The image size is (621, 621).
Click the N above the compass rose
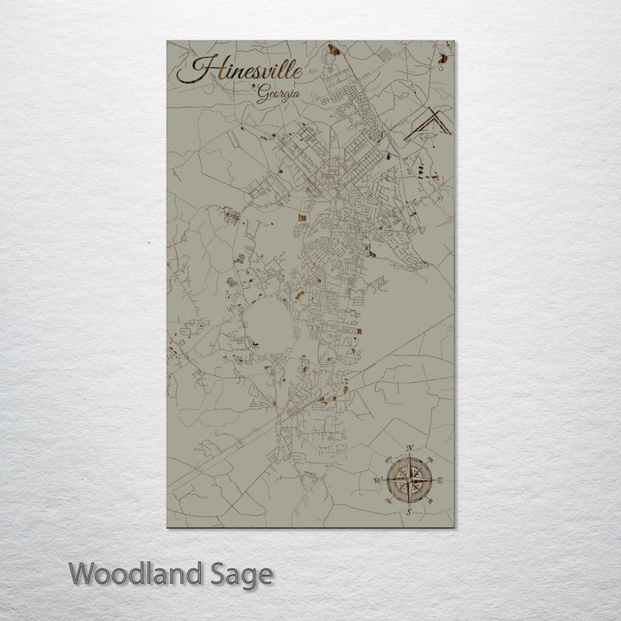tap(409, 448)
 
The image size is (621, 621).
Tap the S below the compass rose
tap(409, 512)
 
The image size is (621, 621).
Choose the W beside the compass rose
tap(377, 480)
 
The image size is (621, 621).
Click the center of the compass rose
tap(409, 480)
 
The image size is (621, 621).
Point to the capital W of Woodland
tap(82, 574)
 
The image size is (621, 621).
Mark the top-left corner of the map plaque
tap(167, 41)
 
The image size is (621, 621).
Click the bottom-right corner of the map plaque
tap(454, 526)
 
